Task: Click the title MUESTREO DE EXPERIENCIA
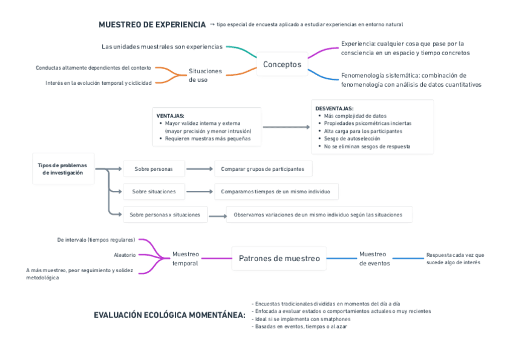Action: pos(152,25)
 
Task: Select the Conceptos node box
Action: pos(282,64)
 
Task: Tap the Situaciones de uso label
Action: pos(205,75)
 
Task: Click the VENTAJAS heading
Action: pos(170,115)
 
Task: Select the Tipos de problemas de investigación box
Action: pos(62,168)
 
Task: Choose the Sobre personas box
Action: pos(153,169)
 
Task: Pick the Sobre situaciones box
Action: pos(154,191)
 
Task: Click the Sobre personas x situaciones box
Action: pos(165,215)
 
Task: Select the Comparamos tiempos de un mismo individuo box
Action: pos(276,191)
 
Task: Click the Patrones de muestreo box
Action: pos(279,258)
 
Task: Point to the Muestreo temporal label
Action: pos(185,259)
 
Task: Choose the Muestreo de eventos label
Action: pos(374,259)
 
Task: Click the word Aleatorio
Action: pos(125,255)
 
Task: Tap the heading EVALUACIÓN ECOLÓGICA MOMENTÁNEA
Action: pos(169,315)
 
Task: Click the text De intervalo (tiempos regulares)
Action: pos(96,240)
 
